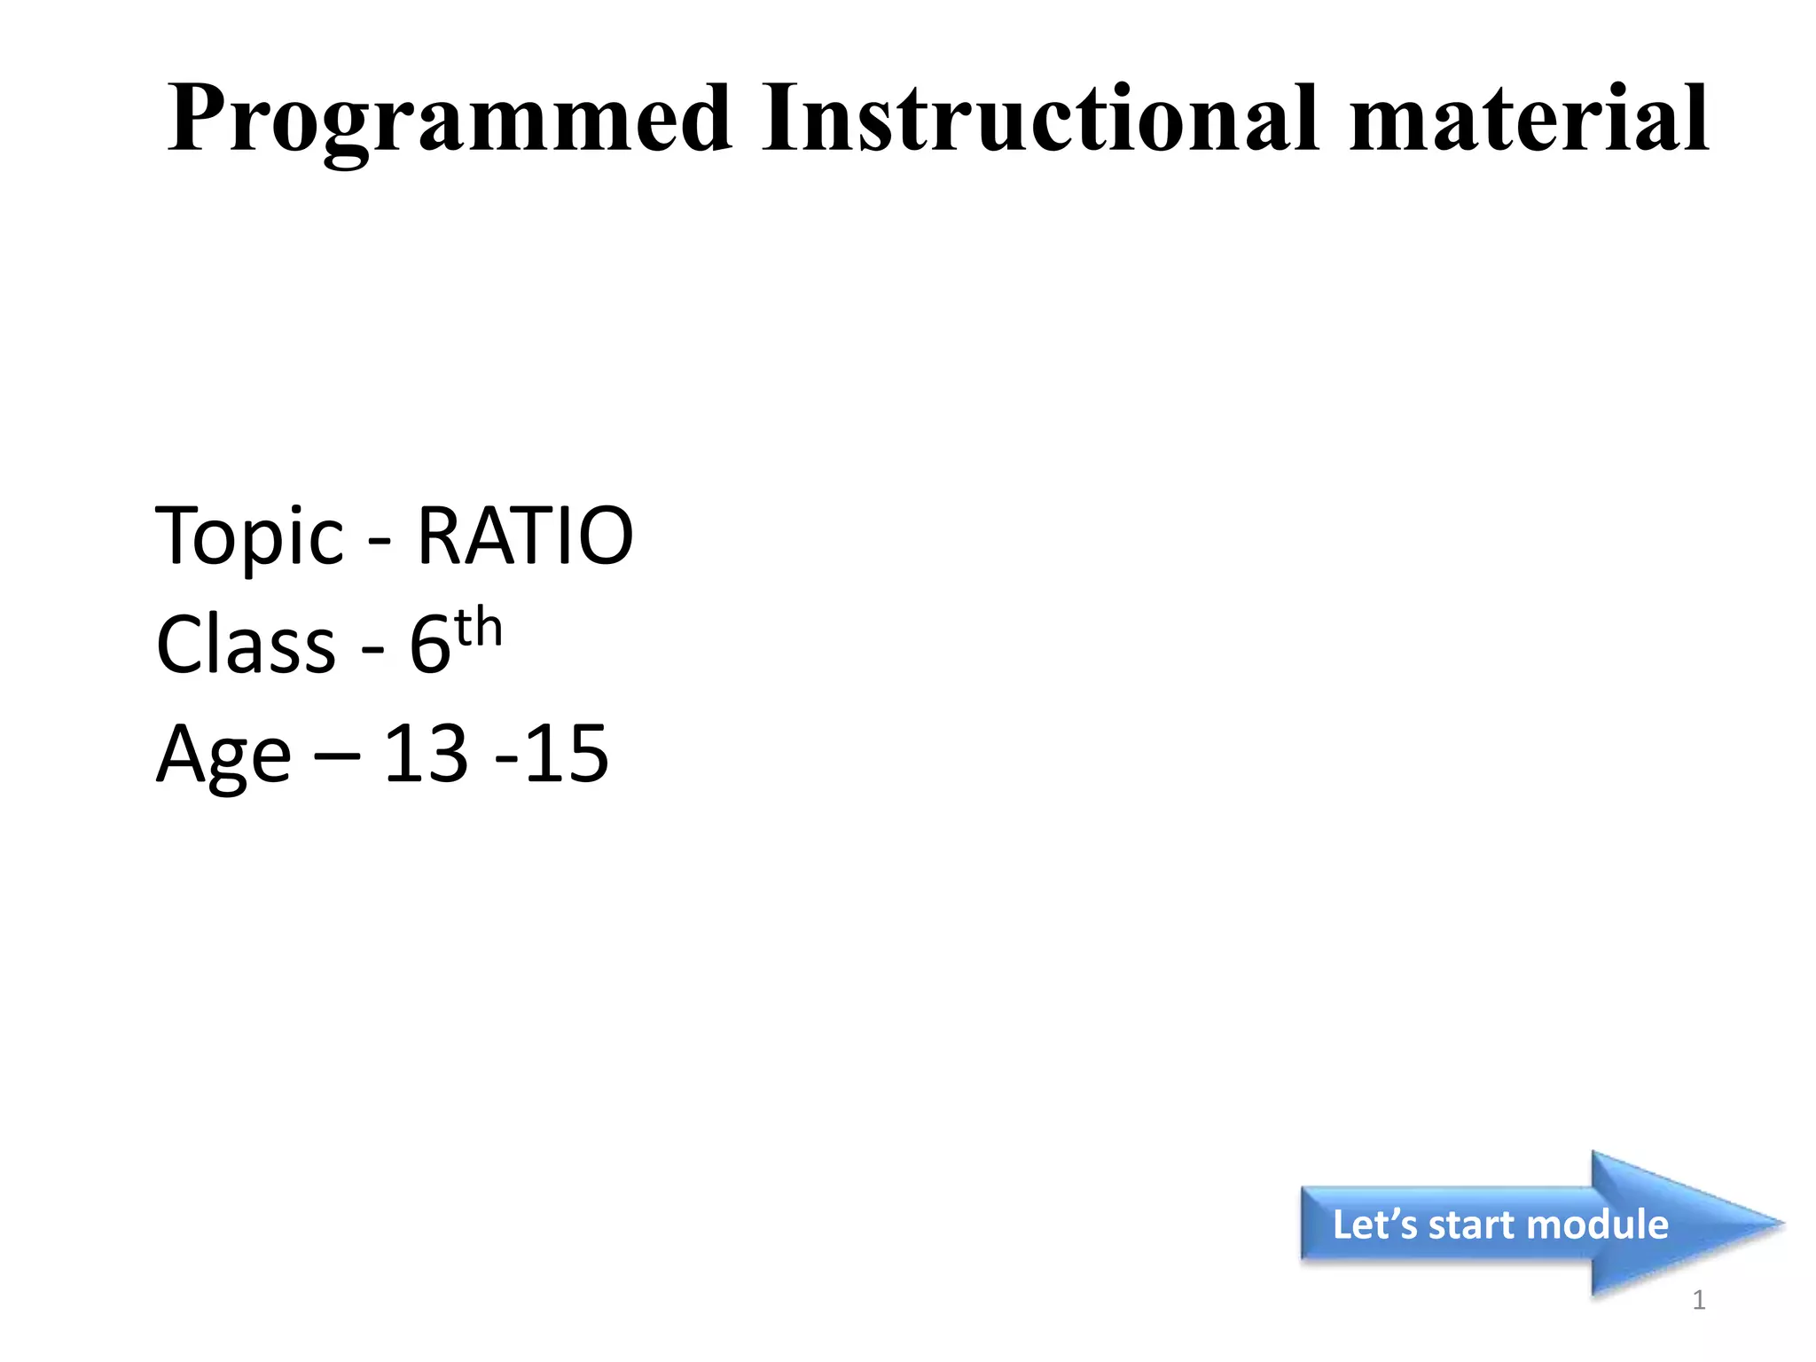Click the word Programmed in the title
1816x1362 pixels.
coord(450,120)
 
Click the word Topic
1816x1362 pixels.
coord(249,537)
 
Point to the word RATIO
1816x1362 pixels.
coord(525,536)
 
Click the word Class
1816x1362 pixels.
coord(246,645)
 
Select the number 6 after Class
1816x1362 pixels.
coord(430,646)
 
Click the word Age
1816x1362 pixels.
coord(223,755)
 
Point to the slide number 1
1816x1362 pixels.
coord(1699,1300)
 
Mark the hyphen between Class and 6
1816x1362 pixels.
coord(372,652)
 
